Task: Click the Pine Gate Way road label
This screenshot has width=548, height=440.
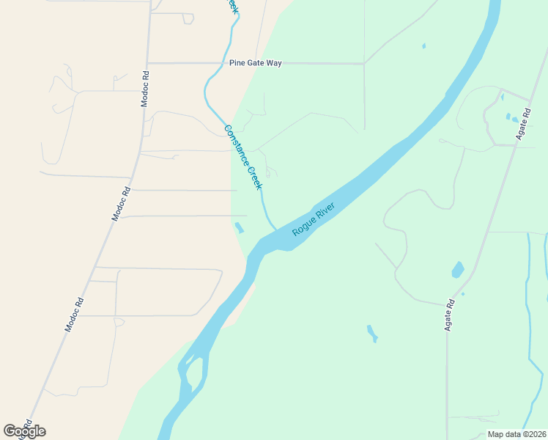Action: coord(255,63)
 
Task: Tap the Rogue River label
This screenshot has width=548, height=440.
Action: coord(313,219)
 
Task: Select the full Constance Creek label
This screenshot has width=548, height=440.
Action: coord(242,157)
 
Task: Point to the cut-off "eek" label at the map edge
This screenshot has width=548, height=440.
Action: coord(232,6)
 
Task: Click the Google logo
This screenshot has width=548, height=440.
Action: coord(24,431)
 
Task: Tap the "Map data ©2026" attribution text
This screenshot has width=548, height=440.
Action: coord(516,433)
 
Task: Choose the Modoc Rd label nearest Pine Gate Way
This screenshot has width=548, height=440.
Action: coord(145,89)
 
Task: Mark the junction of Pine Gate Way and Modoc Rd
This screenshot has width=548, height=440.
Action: coord(147,63)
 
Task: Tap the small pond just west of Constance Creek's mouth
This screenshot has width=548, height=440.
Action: coord(239,227)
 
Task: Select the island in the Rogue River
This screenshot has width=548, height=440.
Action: coord(193,375)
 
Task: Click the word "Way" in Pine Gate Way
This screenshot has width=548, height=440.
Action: coord(273,63)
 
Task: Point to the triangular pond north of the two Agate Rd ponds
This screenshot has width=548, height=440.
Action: coord(502,96)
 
